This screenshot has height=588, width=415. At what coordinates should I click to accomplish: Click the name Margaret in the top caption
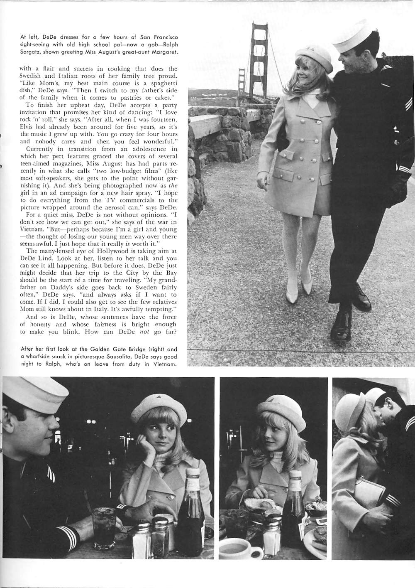tap(165, 52)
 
